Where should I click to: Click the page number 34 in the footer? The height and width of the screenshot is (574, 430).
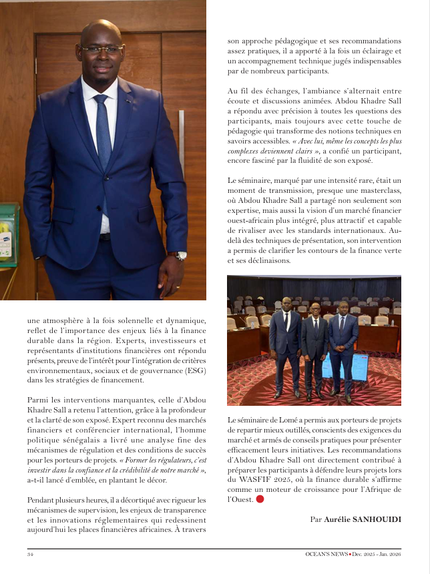pos(31,555)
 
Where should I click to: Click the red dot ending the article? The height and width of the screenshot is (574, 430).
pos(260,499)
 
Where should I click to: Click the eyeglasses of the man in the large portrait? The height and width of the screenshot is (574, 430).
pos(101,49)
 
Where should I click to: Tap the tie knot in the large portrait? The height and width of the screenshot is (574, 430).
pos(100,99)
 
